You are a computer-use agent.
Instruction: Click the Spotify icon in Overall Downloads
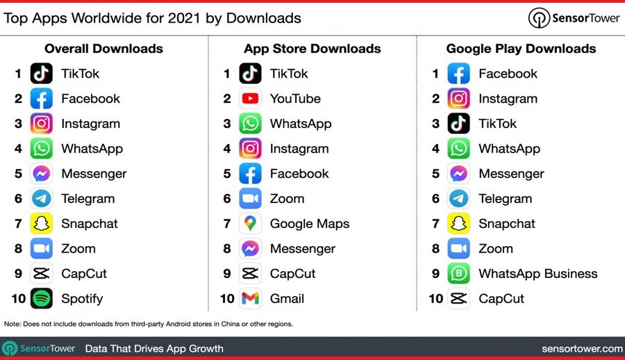click(x=42, y=299)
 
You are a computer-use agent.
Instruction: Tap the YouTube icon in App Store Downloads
click(x=251, y=99)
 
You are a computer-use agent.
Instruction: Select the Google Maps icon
click(x=251, y=224)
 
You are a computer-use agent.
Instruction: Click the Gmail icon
click(x=251, y=299)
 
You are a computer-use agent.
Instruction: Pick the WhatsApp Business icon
click(x=459, y=274)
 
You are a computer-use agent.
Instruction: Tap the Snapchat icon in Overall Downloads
click(x=42, y=224)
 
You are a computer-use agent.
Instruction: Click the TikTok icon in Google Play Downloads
click(x=459, y=124)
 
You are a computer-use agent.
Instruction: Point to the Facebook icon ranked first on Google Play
click(x=459, y=74)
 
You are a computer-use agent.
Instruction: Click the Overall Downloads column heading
click(x=103, y=49)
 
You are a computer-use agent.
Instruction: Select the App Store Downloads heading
click(x=312, y=49)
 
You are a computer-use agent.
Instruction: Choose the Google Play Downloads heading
click(x=521, y=49)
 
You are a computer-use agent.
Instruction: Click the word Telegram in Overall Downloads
click(x=87, y=199)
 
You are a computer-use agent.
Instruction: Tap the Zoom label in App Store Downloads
click(x=287, y=199)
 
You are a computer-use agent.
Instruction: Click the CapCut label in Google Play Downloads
click(x=501, y=299)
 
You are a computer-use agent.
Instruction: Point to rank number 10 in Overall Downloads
click(x=18, y=299)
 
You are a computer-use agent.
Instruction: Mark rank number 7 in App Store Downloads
click(x=227, y=224)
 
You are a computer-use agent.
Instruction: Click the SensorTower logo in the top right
click(x=574, y=18)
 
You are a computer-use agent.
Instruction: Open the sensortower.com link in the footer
click(x=581, y=348)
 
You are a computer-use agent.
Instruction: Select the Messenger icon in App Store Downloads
click(x=251, y=249)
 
